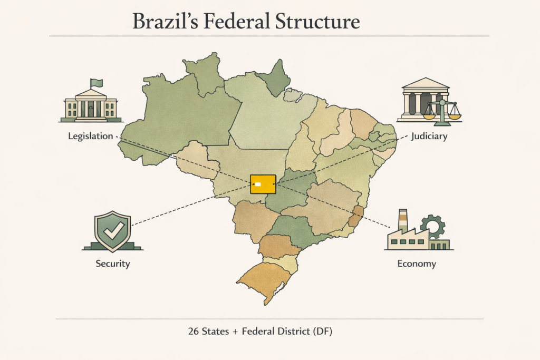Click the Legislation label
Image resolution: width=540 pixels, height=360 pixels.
coord(90,136)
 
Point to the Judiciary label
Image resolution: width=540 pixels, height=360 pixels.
coord(429,137)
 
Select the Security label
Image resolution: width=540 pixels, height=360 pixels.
coord(112,263)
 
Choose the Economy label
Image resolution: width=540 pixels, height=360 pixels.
coord(417,263)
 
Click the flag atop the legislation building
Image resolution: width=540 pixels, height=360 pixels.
coord(97,83)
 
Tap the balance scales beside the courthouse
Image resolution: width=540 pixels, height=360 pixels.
coord(442,111)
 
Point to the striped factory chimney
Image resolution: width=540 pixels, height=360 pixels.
coord(403,220)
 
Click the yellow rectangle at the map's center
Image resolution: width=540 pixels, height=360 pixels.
coord(263,183)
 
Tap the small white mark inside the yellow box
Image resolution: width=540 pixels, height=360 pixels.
coord(258,184)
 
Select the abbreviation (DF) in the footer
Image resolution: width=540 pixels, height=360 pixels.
coord(322,332)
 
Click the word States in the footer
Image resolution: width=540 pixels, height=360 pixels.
coord(218,332)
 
